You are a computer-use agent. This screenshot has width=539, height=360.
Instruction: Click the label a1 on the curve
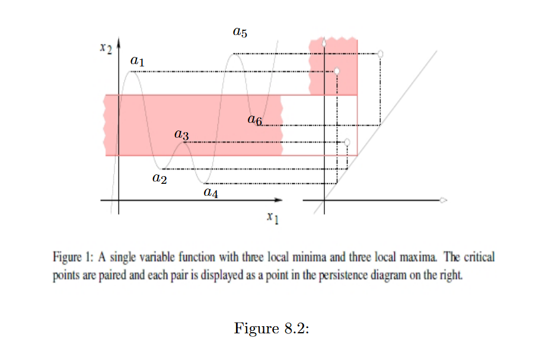point(137,60)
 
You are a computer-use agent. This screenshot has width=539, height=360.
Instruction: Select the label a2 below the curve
point(159,177)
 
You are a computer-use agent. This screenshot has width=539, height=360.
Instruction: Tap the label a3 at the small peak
point(182,136)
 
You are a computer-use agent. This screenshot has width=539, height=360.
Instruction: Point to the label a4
point(211,192)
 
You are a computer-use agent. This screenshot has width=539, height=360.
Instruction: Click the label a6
point(255,120)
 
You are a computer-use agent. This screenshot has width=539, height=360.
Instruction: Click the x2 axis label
point(106,47)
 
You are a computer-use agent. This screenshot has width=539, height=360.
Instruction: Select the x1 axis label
point(273,219)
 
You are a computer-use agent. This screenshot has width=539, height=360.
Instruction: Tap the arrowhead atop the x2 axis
point(119,43)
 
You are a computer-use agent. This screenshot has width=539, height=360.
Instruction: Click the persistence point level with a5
point(381,54)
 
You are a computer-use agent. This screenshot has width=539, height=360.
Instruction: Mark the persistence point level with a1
point(337,72)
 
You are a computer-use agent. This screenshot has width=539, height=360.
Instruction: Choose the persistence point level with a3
point(347,142)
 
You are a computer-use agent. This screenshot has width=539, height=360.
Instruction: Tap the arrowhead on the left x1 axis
point(278,200)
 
